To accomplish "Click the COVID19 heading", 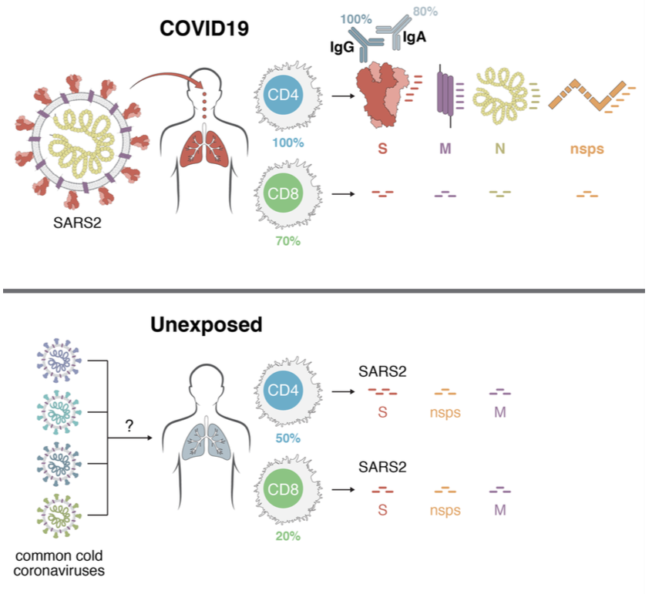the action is point(204,29).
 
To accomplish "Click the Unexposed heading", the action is point(207,324).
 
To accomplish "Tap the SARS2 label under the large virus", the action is point(77,223).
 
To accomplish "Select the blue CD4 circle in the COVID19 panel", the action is point(283,95).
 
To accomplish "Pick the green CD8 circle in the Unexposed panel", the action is point(283,488).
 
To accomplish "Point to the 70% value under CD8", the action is point(287,241).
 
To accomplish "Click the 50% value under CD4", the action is point(287,438).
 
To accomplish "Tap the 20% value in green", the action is point(287,536).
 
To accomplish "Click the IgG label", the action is point(342,47).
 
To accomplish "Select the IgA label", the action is point(414,38).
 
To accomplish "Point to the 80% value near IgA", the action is point(425,12).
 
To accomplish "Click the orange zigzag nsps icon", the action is point(587,95).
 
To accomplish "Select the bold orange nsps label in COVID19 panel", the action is point(586,149).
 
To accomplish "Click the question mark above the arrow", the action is point(129,425).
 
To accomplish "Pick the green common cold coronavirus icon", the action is point(59,515).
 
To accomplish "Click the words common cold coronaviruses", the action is point(59,563).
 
